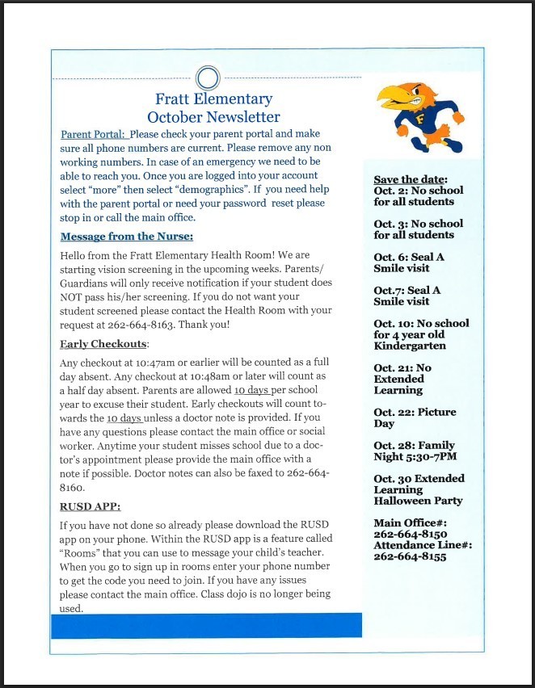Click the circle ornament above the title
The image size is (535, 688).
point(209,78)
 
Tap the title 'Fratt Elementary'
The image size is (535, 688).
point(214,99)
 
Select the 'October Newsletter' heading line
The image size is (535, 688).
point(214,117)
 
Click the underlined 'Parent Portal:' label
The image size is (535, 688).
point(94,134)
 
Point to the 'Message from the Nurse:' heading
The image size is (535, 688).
point(127,237)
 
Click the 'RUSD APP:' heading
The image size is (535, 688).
point(91,507)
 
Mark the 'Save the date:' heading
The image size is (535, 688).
point(411,179)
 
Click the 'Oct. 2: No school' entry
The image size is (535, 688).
point(419,191)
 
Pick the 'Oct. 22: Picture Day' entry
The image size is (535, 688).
point(415,417)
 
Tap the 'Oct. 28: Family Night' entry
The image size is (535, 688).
point(414,451)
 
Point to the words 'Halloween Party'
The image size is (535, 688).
point(418,501)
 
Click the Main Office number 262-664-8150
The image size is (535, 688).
point(410,535)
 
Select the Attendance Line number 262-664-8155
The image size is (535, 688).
point(410,557)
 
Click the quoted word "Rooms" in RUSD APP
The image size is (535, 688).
point(82,553)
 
